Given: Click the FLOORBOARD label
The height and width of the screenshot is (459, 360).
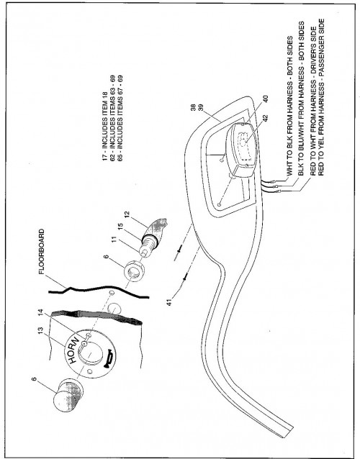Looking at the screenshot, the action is point(41,252).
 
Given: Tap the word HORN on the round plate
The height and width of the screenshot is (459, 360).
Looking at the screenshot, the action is point(73,350).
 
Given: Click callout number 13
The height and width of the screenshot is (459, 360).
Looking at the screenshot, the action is point(41,330).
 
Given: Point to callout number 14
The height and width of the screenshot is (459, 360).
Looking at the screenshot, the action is point(41,313).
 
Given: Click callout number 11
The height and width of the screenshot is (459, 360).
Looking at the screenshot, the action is point(114,240).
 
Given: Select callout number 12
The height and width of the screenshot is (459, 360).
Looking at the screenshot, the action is point(127,215).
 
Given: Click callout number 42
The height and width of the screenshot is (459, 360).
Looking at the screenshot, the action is point(266,117).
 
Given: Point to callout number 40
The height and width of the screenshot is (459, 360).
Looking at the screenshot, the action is point(266,99).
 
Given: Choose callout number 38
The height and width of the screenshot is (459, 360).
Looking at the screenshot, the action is point(194,108).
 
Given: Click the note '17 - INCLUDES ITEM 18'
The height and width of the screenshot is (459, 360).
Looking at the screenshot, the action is point(105,126).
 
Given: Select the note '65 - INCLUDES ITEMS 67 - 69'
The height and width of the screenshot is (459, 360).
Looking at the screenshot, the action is point(120,118).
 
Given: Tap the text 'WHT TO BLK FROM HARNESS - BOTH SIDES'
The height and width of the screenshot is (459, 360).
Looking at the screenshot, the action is point(289,106).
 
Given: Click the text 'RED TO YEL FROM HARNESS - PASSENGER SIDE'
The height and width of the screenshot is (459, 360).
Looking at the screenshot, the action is point(321,97).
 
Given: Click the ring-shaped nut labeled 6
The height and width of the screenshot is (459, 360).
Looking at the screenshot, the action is point(135,271).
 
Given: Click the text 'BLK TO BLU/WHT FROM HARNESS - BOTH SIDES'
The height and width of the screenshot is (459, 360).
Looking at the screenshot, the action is point(301,99).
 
